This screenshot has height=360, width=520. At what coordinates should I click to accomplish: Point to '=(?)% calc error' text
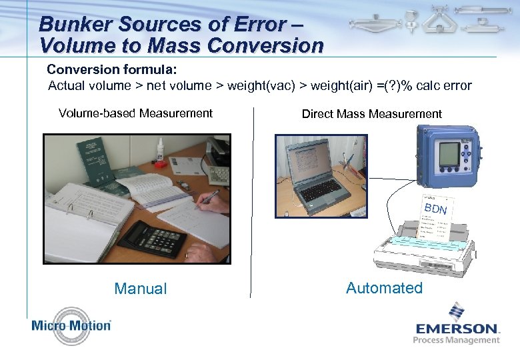424,85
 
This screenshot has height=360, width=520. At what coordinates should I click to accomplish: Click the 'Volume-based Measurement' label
135,113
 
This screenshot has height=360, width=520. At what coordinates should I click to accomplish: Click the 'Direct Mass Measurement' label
371,114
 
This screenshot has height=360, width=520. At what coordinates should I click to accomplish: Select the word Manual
141,289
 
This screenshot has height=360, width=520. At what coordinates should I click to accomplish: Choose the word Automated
384,288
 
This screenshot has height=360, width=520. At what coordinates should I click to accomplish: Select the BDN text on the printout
435,210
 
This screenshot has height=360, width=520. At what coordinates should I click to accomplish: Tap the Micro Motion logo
71,325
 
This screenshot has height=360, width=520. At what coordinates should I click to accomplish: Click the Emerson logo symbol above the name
456,311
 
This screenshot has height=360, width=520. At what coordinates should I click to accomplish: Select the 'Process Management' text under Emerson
456,340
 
